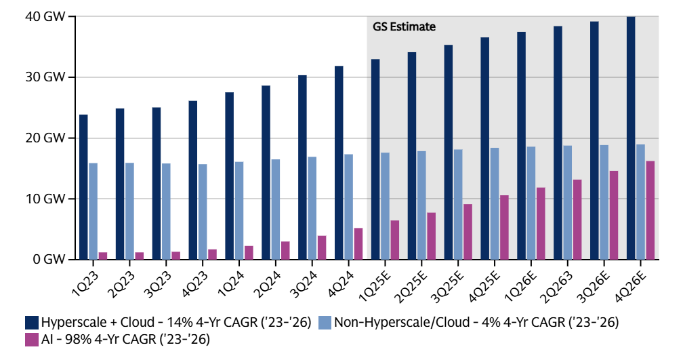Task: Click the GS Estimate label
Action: [x=404, y=27]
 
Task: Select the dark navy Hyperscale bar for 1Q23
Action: [x=83, y=187]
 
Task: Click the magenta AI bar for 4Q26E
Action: [x=650, y=210]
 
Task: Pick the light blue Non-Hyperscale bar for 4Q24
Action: [x=348, y=207]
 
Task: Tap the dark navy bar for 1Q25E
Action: [x=375, y=159]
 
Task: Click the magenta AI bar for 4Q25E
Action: [x=503, y=227]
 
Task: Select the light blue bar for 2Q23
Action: [x=129, y=211]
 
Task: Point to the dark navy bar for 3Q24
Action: [x=302, y=167]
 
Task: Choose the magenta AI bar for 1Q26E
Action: [x=540, y=223]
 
